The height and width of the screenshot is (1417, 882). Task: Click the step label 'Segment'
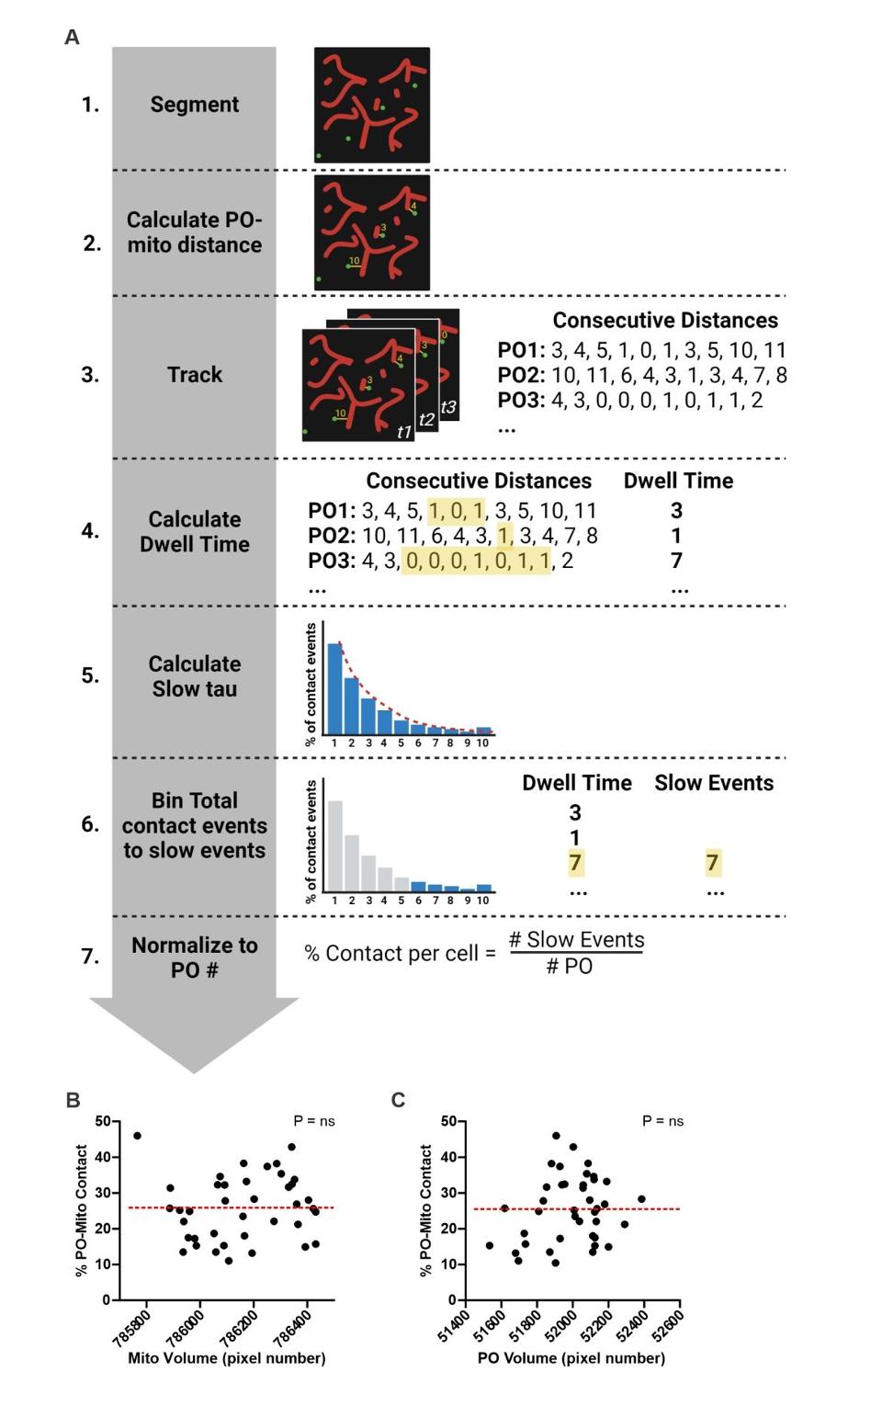[194, 105]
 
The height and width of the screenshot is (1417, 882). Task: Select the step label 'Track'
[194, 375]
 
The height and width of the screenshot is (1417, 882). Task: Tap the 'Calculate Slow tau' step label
[194, 676]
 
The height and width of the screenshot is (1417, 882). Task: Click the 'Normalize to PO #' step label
[194, 958]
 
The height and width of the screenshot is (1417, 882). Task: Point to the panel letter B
[73, 1100]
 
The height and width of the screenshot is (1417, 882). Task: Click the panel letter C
[398, 1100]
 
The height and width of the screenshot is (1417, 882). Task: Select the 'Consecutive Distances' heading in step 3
[664, 321]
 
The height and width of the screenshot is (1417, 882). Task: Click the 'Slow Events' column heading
[713, 783]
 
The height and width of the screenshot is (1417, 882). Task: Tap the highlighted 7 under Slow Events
[712, 862]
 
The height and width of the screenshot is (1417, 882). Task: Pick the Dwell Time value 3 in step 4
[676, 511]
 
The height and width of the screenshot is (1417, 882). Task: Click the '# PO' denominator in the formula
[570, 967]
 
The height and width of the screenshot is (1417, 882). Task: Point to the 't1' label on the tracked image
[403, 432]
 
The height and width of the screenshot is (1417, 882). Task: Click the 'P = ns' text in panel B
[314, 1121]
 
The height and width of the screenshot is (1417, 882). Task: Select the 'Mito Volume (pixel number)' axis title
[227, 1358]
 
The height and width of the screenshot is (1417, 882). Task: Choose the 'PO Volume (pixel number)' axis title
[571, 1358]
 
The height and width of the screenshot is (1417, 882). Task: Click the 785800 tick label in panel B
[131, 1329]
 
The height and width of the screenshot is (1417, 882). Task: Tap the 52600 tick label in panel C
[668, 1326]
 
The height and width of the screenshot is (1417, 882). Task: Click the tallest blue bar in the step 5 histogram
[335, 688]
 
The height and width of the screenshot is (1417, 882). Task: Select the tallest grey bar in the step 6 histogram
[335, 846]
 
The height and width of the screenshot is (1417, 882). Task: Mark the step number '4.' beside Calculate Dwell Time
[90, 531]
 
